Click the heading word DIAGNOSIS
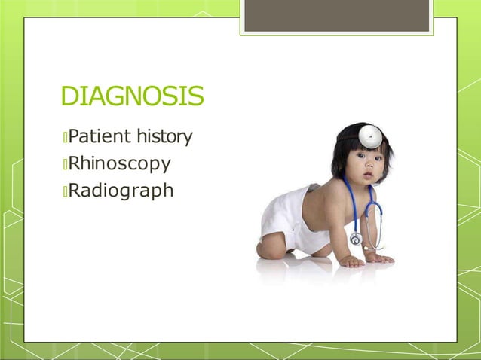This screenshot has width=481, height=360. click(x=132, y=97)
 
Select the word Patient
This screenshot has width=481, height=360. click(x=100, y=137)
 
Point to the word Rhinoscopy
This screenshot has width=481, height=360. click(x=119, y=163)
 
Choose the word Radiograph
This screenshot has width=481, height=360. click(x=121, y=191)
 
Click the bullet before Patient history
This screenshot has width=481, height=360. click(x=65, y=138)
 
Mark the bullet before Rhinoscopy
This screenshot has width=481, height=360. click(x=65, y=164)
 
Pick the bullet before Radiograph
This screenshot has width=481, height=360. click(x=65, y=191)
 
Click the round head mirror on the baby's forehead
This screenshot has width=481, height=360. click(x=369, y=136)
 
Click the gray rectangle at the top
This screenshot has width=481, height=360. click(x=337, y=16)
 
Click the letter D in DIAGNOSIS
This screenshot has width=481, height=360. click(x=69, y=97)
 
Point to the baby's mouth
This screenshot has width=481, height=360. click(x=369, y=176)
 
